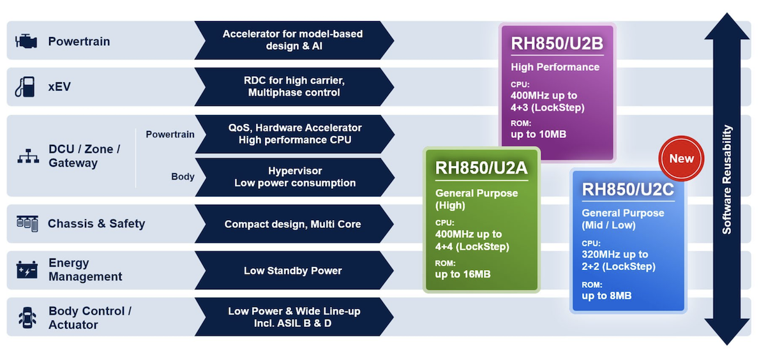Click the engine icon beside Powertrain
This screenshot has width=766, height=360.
[x=26, y=41]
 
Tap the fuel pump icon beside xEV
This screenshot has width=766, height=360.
[x=25, y=87]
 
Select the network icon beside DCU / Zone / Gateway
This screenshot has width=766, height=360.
[x=27, y=156]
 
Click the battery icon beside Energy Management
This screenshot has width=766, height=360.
[x=27, y=269]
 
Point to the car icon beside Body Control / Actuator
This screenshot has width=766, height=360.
[x=27, y=317]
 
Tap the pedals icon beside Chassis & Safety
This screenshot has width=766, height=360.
[x=27, y=223]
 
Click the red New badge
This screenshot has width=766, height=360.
[x=681, y=159]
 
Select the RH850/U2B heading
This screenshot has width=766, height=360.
[x=557, y=43]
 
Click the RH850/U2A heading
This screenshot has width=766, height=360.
[x=481, y=168]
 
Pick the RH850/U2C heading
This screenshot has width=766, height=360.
[x=628, y=189]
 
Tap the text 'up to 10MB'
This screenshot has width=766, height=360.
[x=538, y=134]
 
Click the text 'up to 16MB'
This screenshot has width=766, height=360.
[x=463, y=274]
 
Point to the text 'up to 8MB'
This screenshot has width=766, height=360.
[x=606, y=296]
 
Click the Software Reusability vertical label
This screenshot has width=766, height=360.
[x=726, y=179]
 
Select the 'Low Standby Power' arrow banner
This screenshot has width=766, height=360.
[x=293, y=271]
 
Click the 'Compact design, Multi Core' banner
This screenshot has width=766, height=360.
[x=293, y=224]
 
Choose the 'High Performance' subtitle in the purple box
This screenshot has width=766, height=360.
[x=555, y=67]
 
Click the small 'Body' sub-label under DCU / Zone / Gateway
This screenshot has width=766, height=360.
[x=183, y=177]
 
